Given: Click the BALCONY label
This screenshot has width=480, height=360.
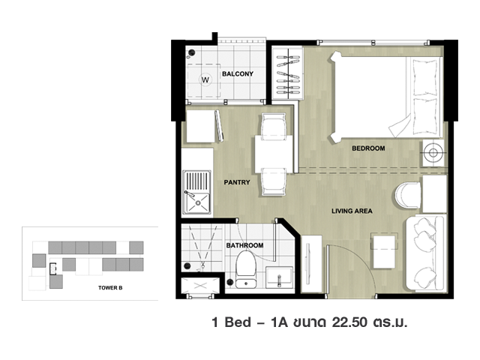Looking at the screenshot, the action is (238, 73).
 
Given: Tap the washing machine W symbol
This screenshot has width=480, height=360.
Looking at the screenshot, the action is (205, 80).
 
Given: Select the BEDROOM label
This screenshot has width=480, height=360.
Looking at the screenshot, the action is (368, 148).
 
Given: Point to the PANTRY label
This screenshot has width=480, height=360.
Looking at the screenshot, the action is (237, 182).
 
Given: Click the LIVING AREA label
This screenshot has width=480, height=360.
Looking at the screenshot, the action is (352, 211).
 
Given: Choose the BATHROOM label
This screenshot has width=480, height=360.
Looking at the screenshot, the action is (244, 245).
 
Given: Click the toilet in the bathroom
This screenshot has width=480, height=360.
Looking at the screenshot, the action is (245, 269).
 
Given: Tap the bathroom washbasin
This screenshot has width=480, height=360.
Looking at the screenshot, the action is (279, 277).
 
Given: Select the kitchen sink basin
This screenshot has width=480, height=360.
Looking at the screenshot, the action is (198, 202).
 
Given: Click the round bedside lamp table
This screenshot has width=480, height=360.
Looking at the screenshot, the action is (433, 153).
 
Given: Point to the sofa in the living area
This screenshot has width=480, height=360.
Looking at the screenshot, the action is (425, 253).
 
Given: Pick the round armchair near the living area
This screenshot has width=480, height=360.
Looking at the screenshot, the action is (408, 195).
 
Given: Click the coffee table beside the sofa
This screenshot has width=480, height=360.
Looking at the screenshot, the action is (384, 250).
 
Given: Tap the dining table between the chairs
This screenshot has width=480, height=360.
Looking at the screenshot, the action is (274, 154).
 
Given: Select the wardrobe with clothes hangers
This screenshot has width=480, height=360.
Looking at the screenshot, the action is (288, 73).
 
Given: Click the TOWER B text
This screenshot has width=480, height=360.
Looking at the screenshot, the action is (110, 288).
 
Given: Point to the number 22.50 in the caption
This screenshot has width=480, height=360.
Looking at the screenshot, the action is (350, 322).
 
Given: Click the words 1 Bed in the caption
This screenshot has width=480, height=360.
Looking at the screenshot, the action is (232, 322).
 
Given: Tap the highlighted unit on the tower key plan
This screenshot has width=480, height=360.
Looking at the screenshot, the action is (54, 268).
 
